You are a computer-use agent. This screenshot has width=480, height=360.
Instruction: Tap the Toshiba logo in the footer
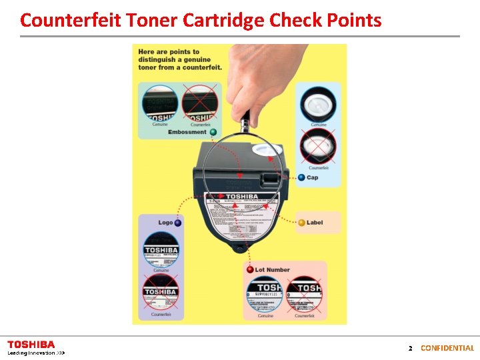31,344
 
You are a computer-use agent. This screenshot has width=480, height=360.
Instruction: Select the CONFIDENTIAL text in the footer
447,348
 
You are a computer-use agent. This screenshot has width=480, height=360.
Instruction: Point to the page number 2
411,348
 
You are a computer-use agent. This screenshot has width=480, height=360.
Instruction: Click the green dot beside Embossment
213,132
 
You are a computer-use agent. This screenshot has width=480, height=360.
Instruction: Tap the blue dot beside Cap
301,177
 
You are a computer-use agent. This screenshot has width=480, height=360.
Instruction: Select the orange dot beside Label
301,222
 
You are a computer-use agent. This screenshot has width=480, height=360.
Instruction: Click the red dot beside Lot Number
249,269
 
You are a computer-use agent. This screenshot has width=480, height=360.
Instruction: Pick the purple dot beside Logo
177,223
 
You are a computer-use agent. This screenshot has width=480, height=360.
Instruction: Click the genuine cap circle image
318,103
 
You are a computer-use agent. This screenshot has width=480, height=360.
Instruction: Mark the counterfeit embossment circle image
200,103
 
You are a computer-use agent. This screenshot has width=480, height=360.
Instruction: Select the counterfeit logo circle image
161,292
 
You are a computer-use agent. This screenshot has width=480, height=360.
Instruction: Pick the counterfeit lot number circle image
305,293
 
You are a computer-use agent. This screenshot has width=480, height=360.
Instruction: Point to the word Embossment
187,132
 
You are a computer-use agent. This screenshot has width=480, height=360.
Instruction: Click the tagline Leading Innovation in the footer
31,353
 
